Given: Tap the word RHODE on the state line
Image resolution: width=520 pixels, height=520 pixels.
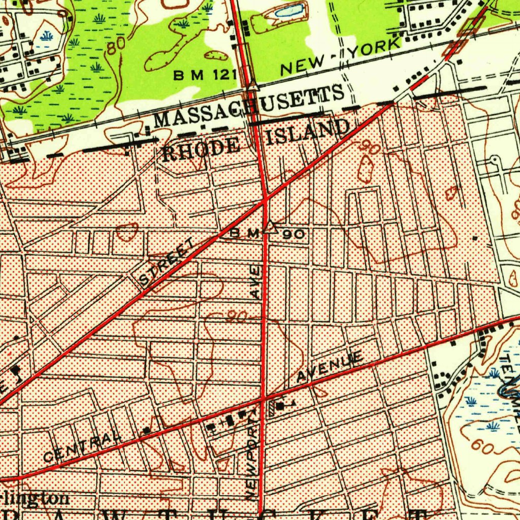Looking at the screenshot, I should pyautogui.click(x=201, y=149).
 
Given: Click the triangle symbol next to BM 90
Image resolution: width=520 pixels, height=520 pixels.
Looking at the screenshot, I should pyautogui.click(x=270, y=227).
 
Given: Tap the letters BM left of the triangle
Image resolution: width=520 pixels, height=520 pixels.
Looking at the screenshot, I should pyautogui.click(x=245, y=233).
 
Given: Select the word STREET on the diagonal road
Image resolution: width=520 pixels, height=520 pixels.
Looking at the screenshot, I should pyautogui.click(x=167, y=263).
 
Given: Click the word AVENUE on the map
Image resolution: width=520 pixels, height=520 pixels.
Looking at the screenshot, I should pyautogui.click(x=330, y=367).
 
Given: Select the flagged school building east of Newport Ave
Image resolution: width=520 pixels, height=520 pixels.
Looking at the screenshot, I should pyautogui.click(x=281, y=406).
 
